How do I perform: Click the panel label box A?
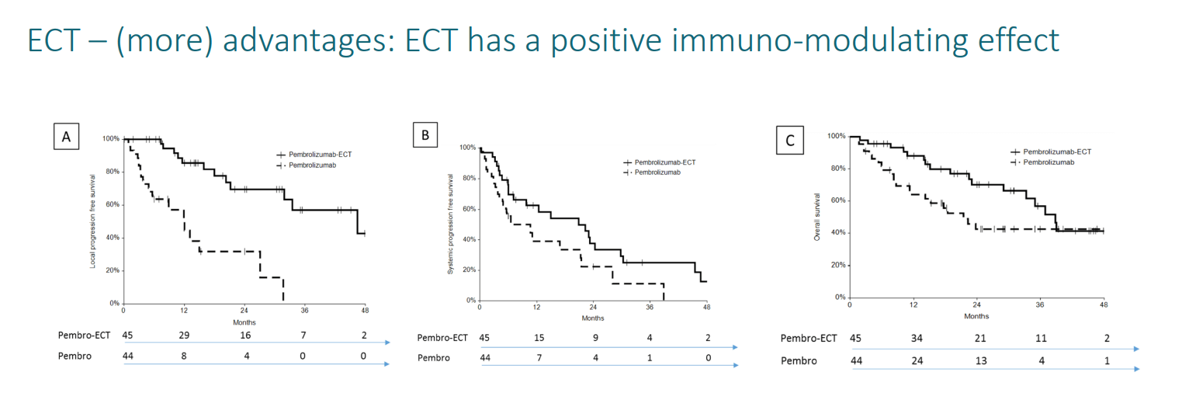pos(67,137)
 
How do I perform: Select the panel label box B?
pos(425,136)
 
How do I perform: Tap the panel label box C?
pos(789,141)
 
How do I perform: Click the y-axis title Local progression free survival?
pos(93,221)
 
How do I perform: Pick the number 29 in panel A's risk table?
pos(183,336)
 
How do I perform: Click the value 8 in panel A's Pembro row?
pos(183,355)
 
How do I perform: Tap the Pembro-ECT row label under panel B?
pos(443,338)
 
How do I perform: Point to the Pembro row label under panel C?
pos(799,360)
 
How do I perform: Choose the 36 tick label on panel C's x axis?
pos(1039,304)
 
